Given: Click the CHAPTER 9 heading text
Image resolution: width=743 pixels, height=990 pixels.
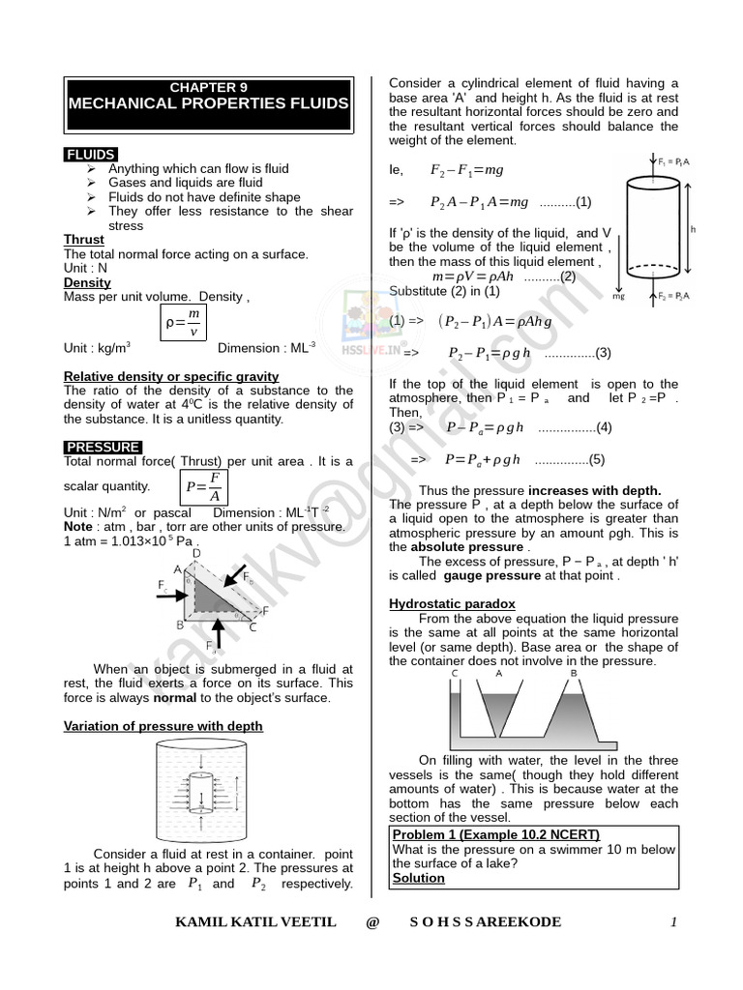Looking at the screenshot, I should click(x=209, y=87).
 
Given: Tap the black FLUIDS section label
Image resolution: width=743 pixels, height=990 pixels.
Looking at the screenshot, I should click(x=90, y=155).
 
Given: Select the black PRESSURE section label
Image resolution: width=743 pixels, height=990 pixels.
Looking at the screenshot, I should click(x=103, y=447).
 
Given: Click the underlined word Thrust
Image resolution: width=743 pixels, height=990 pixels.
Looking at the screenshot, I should click(x=83, y=240).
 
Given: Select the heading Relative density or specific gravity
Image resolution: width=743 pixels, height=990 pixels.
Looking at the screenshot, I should click(x=171, y=376).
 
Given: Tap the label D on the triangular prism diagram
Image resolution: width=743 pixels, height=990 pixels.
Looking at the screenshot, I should click(x=196, y=554).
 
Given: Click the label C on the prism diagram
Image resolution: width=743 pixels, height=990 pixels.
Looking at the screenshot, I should click(x=253, y=627).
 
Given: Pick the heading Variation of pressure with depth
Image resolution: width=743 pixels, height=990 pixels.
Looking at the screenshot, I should click(x=163, y=726).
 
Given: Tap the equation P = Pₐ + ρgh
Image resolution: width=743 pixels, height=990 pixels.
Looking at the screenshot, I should click(x=483, y=460).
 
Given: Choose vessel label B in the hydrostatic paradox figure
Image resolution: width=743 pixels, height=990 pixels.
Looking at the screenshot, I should click(x=573, y=673).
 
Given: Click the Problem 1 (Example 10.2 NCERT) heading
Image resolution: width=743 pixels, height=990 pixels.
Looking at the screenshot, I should click(x=496, y=834).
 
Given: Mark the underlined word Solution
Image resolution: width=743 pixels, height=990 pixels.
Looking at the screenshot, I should click(x=419, y=878).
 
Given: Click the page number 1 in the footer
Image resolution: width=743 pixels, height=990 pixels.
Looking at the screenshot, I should click(x=673, y=922).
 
